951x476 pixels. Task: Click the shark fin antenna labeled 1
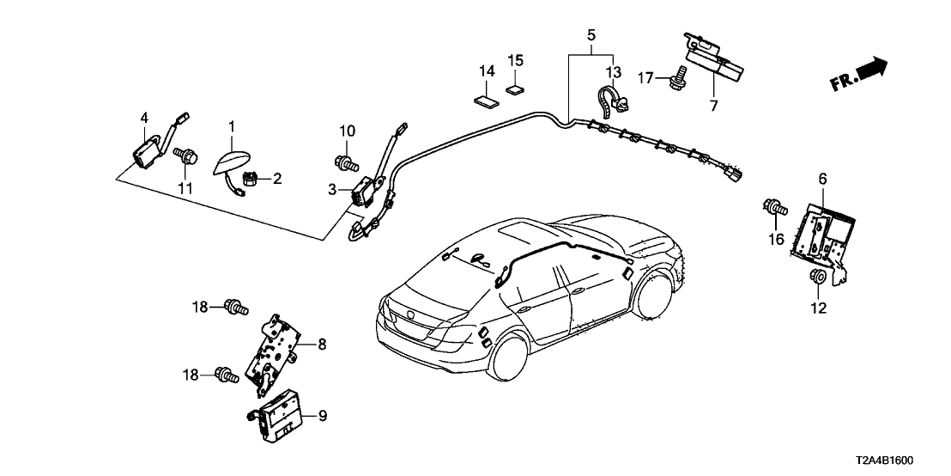pyautogui.click(x=231, y=162)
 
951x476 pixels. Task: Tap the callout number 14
pyautogui.click(x=486, y=71)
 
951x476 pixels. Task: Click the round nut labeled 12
pyautogui.click(x=818, y=277)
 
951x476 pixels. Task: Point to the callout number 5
pyautogui.click(x=591, y=35)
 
